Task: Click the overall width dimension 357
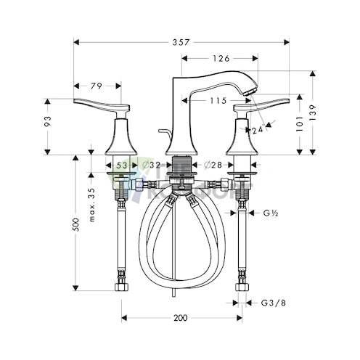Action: [x=181, y=43]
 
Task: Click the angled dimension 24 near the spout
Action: [x=258, y=131]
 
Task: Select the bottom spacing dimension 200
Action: [x=181, y=318]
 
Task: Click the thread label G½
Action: [x=271, y=213]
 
